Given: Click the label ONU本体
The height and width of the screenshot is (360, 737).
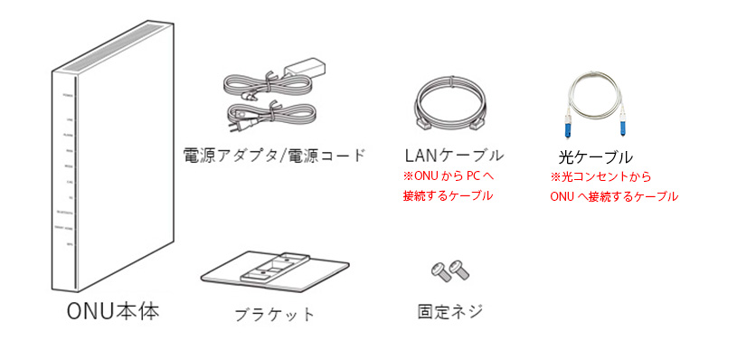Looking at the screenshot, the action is [113, 312].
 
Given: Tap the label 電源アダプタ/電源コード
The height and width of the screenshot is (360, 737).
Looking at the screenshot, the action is [274, 155].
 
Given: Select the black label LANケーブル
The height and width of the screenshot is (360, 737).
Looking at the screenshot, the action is [453, 155].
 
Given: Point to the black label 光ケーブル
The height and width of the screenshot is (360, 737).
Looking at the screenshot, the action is [596, 156].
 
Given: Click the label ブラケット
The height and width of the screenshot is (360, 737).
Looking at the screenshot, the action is [274, 314].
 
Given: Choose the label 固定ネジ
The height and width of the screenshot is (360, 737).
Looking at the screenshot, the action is [449, 312].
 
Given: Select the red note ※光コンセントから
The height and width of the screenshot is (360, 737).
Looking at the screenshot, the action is [600, 177].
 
